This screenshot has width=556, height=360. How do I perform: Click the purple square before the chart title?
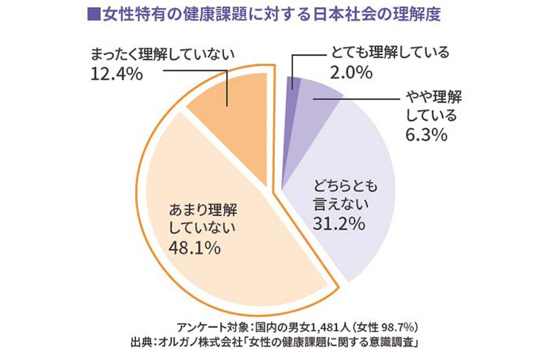click(x=94, y=14)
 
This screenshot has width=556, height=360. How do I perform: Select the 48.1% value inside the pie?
click(x=195, y=247)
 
